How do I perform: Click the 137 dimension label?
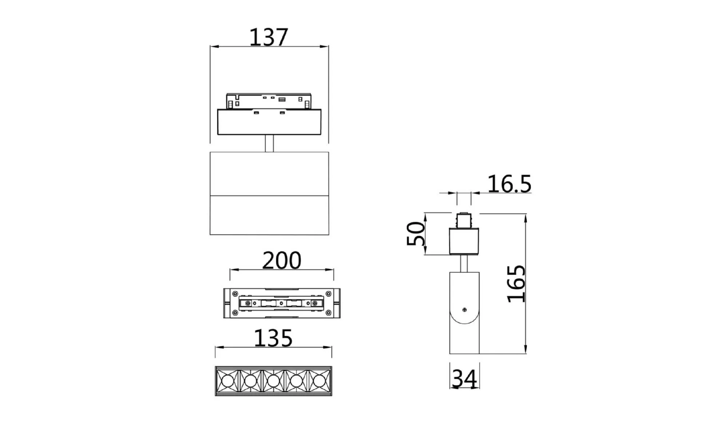tap(269, 37)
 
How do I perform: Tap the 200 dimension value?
tap(282, 260)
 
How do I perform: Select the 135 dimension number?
tap(273, 338)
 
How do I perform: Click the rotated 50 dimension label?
tap(416, 234)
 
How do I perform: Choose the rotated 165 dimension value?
tap(517, 284)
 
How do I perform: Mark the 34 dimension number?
tap(464, 379)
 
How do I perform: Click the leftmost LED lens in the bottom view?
tap(227, 381)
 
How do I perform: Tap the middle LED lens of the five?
tap(273, 381)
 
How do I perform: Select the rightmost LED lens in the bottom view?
tap(319, 381)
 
